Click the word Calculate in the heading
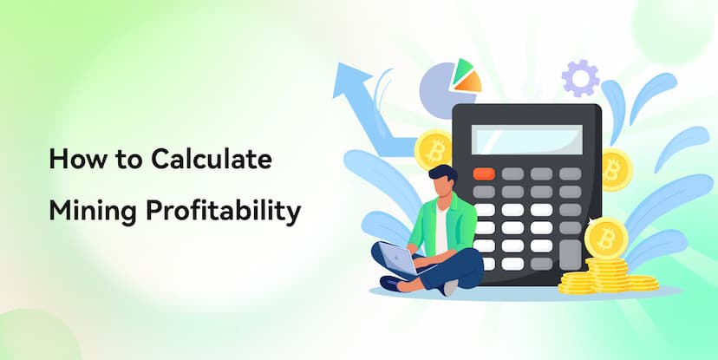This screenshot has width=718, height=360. pyautogui.click(x=212, y=159)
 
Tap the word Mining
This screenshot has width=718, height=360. pyautogui.click(x=93, y=211)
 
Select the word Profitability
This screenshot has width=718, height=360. pyautogui.click(x=224, y=211)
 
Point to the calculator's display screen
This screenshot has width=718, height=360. pyautogui.click(x=527, y=140)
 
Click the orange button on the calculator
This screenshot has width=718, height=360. pyautogui.click(x=484, y=173)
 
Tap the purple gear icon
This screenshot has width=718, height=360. pyautogui.click(x=581, y=78)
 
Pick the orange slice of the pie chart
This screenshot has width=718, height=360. pyautogui.click(x=468, y=83)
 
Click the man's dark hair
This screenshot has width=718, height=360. pyautogui.click(x=443, y=173)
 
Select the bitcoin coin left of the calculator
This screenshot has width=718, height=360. pyautogui.click(x=434, y=150)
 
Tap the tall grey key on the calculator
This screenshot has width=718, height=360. pyautogui.click(x=570, y=255)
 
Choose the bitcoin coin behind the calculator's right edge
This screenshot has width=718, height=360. pyautogui.click(x=617, y=169)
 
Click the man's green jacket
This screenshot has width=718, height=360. pyautogui.click(x=443, y=225)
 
